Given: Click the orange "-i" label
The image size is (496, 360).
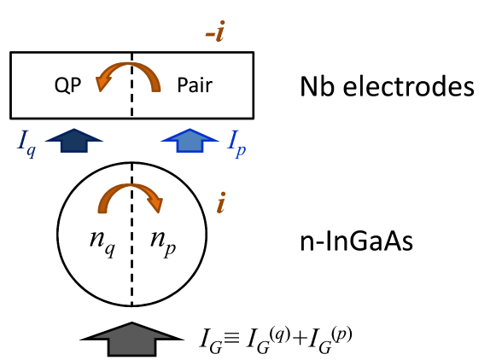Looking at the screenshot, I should tap(216, 32).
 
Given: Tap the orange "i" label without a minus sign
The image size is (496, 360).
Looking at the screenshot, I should tap(220, 203).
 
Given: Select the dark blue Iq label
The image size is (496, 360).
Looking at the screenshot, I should tap(26, 142).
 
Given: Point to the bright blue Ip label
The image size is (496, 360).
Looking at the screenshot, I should tap(236, 142).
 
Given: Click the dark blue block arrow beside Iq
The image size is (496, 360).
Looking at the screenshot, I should tap(74, 140).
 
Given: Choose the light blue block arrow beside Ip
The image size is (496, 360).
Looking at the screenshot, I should tap(190, 140).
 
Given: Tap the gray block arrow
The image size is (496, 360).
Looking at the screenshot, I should tap(131, 339).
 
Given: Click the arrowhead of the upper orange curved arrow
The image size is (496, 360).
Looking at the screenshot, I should tap(103, 83).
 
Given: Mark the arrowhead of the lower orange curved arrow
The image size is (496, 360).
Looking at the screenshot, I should tap(155, 205).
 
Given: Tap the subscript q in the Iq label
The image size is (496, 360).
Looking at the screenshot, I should tap(31, 151).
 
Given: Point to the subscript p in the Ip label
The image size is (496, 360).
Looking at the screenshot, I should tap(241, 150).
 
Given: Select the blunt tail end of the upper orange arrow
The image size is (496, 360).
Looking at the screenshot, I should tap(156, 87).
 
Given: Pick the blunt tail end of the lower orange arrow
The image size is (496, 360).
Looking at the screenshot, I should tap(102, 209).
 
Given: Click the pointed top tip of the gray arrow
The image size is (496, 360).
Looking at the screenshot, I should tap(131, 325).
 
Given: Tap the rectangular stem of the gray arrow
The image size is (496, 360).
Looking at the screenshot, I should tap(131, 345).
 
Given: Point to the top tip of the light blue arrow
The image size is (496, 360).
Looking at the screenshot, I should tap(190, 130).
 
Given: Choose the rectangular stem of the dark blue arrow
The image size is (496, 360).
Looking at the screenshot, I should tap(74, 145).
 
